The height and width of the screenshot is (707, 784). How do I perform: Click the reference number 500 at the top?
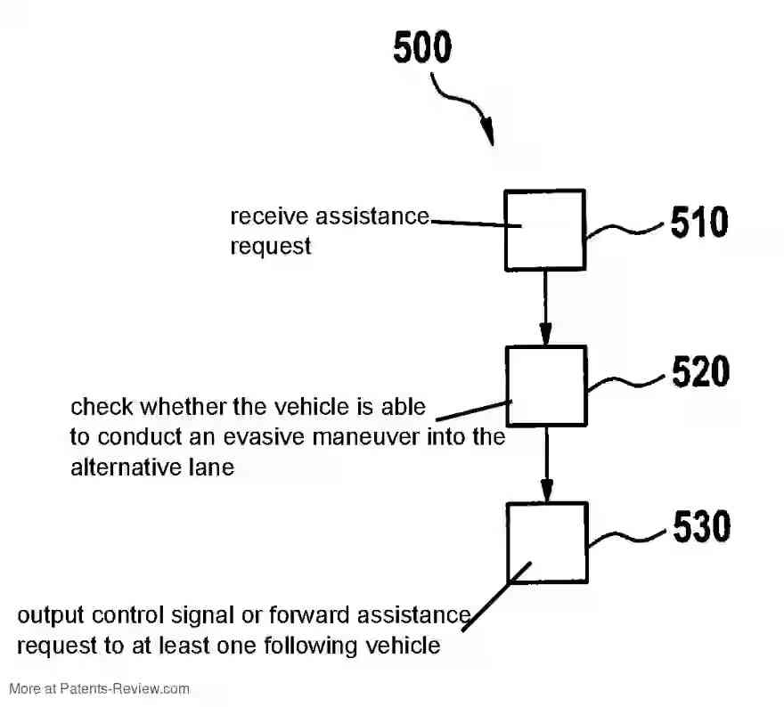pyautogui.click(x=422, y=48)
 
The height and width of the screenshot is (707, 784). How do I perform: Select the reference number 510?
pyautogui.click(x=699, y=223)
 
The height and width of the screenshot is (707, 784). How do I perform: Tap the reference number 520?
pyautogui.click(x=700, y=373)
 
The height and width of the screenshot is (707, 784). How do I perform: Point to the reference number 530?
pyautogui.click(x=701, y=528)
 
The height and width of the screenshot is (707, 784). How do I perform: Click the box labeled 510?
pyautogui.click(x=544, y=230)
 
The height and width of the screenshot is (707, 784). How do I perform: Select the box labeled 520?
pyautogui.click(x=545, y=386)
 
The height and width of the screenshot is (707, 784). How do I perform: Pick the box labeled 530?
pyautogui.click(x=546, y=542)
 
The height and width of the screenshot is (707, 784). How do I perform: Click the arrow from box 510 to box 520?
pyautogui.click(x=545, y=307)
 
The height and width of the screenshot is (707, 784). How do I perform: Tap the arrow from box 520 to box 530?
pyautogui.click(x=546, y=463)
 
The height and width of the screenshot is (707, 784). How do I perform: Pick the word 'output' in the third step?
pyautogui.click(x=46, y=615)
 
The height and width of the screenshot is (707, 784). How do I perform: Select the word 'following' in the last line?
pyautogui.click(x=328, y=645)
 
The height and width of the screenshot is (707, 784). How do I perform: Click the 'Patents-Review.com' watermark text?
pyautogui.click(x=125, y=688)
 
